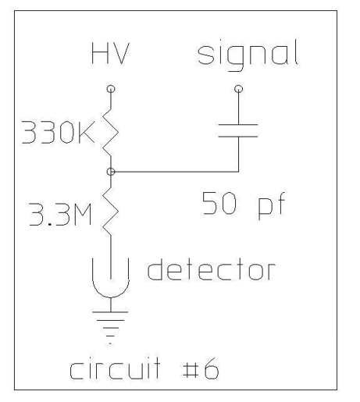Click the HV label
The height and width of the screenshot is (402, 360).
coord(110,54)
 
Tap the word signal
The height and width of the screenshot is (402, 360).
coord(248,55)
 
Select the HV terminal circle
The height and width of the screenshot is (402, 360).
coord(111,89)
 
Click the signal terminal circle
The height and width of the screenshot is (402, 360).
coord(238,89)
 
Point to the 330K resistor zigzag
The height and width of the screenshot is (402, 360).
coord(111,133)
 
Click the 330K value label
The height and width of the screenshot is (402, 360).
coord(58,132)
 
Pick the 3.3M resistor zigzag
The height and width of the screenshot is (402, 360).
coord(111,212)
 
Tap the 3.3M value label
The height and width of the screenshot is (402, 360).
coord(60,215)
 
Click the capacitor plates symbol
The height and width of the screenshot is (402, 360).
coord(238,130)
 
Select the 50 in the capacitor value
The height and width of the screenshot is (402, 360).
coord(219,203)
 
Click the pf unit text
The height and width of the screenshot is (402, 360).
coord(272,206)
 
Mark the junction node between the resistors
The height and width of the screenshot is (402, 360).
coord(111,172)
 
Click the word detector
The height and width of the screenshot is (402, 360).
coord(211,269)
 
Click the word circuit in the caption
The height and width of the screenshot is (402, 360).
coord(115,367)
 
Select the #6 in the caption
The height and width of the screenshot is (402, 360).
coord(201,368)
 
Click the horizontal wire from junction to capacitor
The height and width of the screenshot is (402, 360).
coord(175,172)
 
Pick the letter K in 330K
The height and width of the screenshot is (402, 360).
coord(86,132)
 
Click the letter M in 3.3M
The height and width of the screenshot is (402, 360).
coord(83,215)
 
